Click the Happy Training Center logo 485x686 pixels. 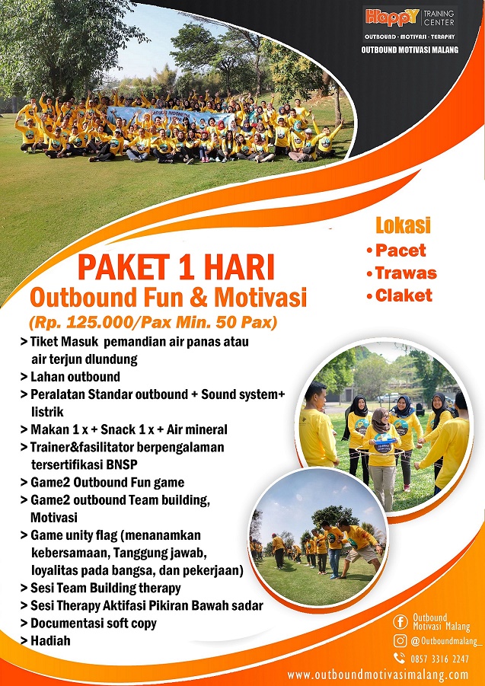point(410,18)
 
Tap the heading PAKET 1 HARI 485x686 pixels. point(175,268)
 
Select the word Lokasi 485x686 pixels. point(403,225)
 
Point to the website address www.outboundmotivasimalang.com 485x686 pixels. point(378,675)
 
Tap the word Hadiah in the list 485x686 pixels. point(50,640)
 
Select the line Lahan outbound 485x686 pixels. point(75,376)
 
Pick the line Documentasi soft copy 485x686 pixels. point(93,623)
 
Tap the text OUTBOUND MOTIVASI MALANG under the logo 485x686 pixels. point(410,49)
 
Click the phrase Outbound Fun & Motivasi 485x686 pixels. point(168,297)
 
